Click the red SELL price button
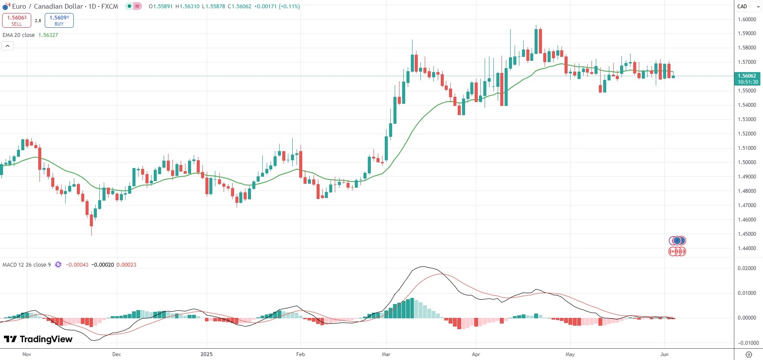pos(17,20)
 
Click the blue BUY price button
pos(59,20)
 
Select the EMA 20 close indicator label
pos(19,35)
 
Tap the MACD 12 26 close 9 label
pos(26,264)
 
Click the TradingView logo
pos(38,339)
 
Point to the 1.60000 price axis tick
pos(747,20)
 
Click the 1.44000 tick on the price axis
pos(747,248)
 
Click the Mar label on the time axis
pos(386,354)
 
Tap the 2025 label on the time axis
pos(207,354)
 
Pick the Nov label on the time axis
pos(27,354)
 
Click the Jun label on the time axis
pos(664,354)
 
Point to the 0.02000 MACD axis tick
pos(747,268)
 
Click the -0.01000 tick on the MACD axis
pos(747,343)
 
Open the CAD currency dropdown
pos(748,7)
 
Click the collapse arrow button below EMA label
pos(8,46)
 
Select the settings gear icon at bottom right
pos(749,354)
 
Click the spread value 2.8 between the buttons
pos(38,20)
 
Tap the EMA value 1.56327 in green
pos(48,35)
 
